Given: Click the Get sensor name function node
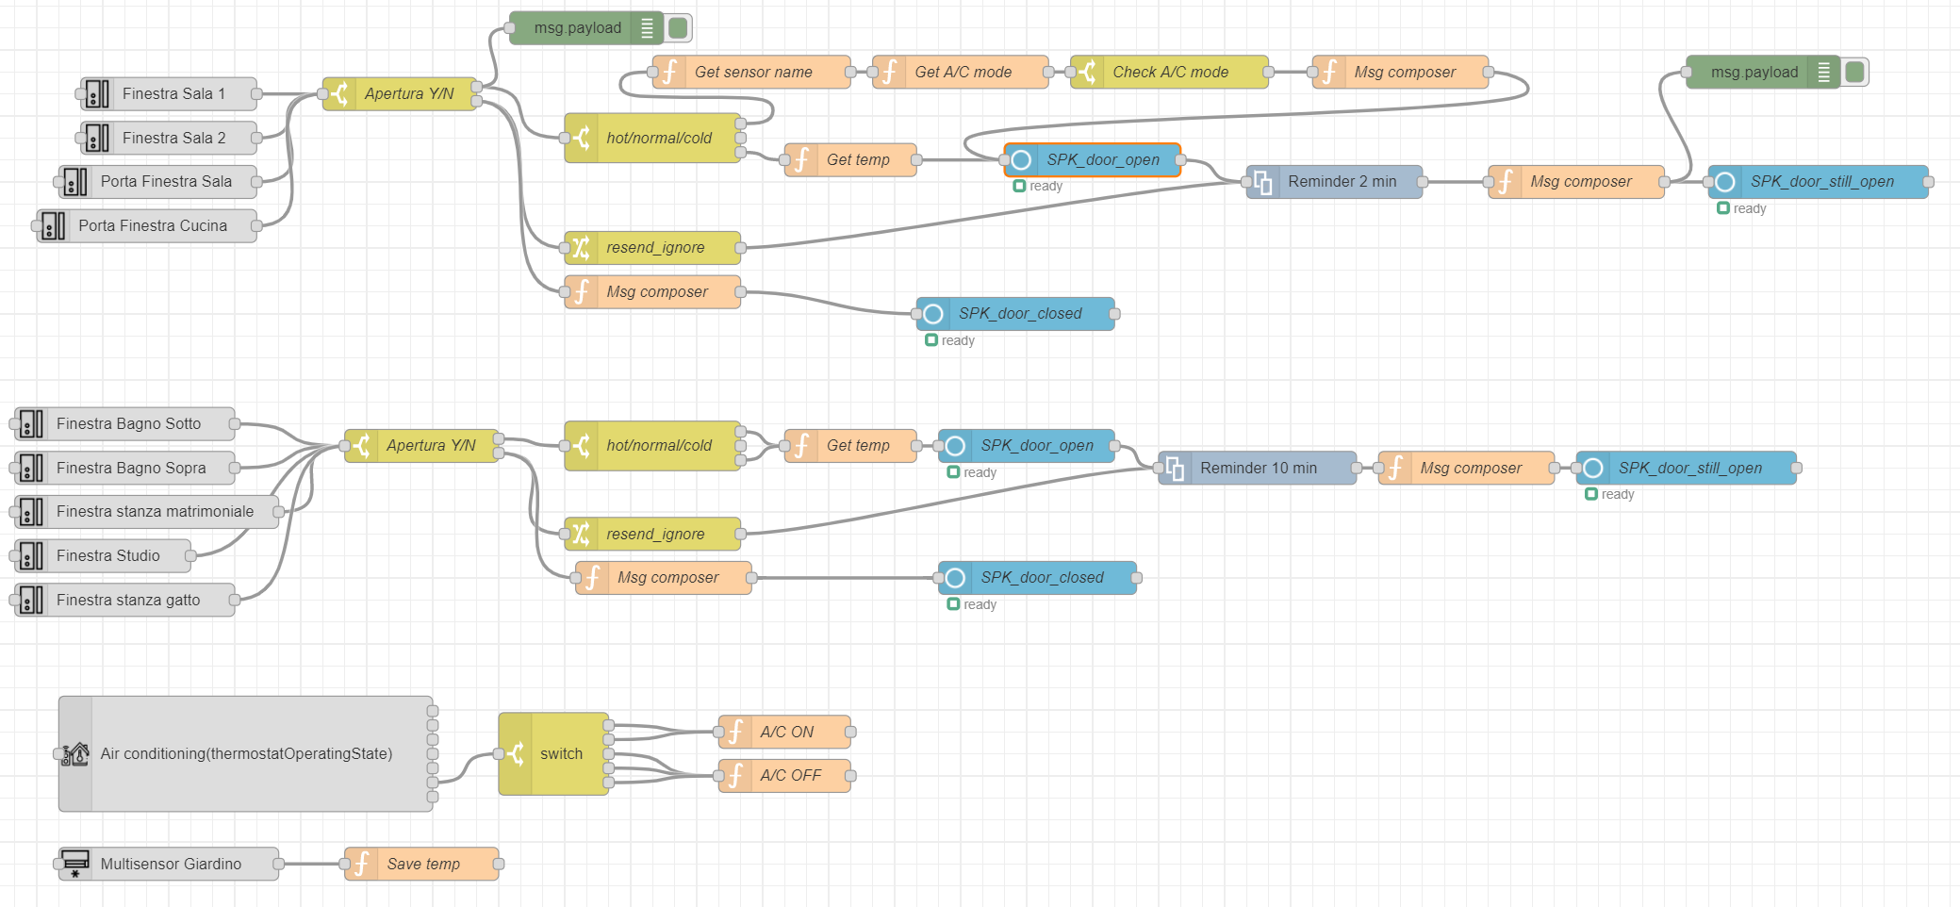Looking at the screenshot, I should tap(751, 72).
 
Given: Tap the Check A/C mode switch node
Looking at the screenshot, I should tap(1169, 72).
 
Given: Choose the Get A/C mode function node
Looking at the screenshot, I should tap(961, 72).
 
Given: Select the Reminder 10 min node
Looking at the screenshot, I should tap(1258, 468).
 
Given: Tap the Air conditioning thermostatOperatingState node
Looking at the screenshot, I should tap(245, 753).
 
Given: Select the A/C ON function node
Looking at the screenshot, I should tap(784, 732).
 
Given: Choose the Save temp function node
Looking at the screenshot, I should tap(421, 864).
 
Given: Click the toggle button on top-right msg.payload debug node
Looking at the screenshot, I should tap(1855, 72).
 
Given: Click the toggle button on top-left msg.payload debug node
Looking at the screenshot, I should tap(678, 27).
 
